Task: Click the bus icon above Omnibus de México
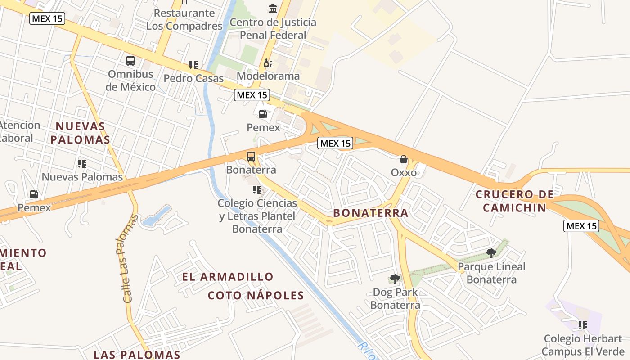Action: pyautogui.click(x=130, y=61)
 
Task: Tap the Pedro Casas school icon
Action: pyautogui.click(x=193, y=65)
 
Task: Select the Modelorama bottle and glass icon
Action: pyautogui.click(x=268, y=63)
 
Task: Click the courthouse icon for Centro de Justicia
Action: pyautogui.click(x=273, y=9)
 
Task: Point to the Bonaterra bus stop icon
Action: pyautogui.click(x=251, y=157)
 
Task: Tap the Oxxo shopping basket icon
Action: pyautogui.click(x=404, y=159)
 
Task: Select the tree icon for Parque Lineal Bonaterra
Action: pyautogui.click(x=491, y=253)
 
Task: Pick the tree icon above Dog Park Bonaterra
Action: pyautogui.click(x=395, y=279)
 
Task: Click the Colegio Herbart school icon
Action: pyautogui.click(x=583, y=325)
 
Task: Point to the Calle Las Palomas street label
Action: pyautogui.click(x=128, y=258)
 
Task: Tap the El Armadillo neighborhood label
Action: pyautogui.click(x=228, y=276)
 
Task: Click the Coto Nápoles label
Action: pyautogui.click(x=256, y=295)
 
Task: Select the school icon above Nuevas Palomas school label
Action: pyautogui.click(x=82, y=164)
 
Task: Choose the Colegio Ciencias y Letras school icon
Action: pyautogui.click(x=257, y=190)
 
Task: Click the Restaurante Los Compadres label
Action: pyautogui.click(x=184, y=19)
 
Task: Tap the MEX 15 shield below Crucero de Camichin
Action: pyautogui.click(x=581, y=226)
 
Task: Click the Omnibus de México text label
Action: pyautogui.click(x=130, y=80)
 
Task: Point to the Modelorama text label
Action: pyautogui.click(x=268, y=76)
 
